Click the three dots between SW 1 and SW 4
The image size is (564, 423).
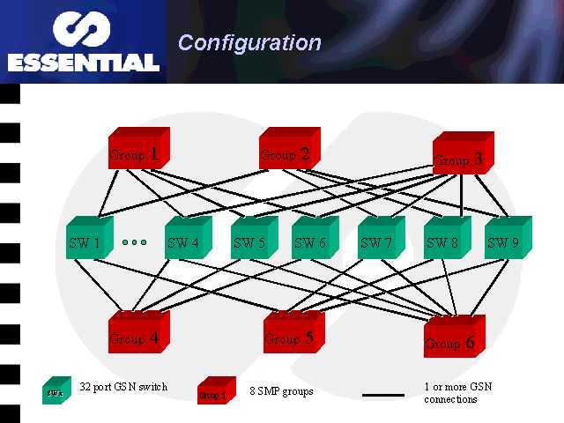click(135, 241)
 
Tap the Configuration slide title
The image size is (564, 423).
click(249, 42)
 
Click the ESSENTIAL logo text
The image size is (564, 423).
click(84, 63)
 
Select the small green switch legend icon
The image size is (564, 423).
click(56, 389)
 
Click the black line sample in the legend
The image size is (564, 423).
click(383, 394)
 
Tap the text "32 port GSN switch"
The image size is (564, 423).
click(122, 387)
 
